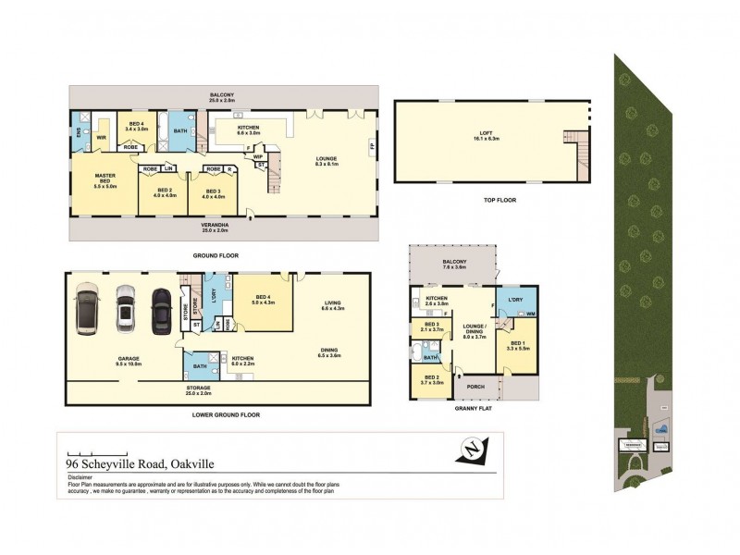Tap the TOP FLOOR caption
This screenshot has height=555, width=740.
coord(499,199)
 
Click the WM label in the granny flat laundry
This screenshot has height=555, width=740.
coord(531,314)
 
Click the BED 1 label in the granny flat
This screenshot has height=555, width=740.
coord(516,345)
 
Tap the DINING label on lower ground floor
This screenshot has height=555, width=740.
coord(329,352)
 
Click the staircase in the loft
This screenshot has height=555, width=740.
coord(580,147)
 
